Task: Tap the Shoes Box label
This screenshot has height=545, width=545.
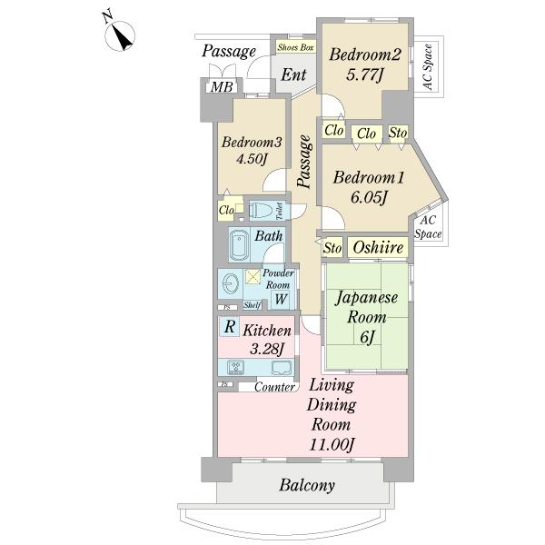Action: coord(295,47)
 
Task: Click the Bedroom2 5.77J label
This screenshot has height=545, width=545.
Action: coord(358,65)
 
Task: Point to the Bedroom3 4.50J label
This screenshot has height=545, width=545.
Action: coord(252,151)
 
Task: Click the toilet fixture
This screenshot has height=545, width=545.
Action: coord(263,210)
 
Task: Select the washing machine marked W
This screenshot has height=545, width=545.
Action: coord(281,299)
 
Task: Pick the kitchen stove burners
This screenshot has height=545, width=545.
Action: coord(238,368)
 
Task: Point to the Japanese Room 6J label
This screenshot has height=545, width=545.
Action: coord(363,315)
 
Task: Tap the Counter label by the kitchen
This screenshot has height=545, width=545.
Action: coord(273,388)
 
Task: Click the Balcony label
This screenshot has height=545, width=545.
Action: coord(306,485)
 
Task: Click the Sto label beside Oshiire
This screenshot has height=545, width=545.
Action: coord(332,247)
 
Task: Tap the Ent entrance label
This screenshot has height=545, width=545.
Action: coord(292,75)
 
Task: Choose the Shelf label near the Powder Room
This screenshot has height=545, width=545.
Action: coord(253,305)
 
